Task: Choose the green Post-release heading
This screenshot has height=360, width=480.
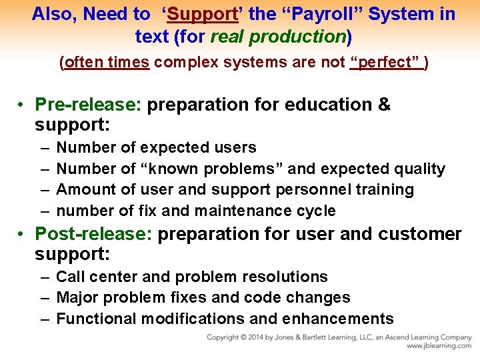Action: pyautogui.click(x=93, y=234)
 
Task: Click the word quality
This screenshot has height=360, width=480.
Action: pyautogui.click(x=419, y=169)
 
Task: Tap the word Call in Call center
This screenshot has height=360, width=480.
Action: pyautogui.click(x=71, y=277)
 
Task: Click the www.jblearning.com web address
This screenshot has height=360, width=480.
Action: pyautogui.click(x=439, y=346)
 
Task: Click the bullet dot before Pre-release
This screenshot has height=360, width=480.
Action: pyautogui.click(x=22, y=105)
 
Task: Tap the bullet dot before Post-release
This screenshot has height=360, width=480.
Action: pyautogui.click(x=22, y=234)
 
